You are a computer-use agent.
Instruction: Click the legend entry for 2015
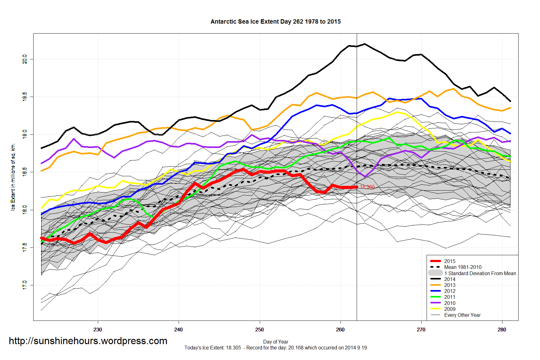click(x=450, y=261)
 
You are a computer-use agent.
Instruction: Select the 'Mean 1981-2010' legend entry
click(x=463, y=267)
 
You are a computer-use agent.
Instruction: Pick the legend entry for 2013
click(x=450, y=285)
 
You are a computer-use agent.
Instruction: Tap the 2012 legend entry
click(x=450, y=291)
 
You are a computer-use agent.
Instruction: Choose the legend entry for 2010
click(x=450, y=303)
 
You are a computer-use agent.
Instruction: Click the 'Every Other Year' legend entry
click(x=462, y=315)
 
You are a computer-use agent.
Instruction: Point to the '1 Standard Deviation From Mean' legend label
click(x=480, y=273)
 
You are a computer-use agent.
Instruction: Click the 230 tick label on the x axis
click(x=98, y=330)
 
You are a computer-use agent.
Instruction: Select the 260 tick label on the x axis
click(x=340, y=330)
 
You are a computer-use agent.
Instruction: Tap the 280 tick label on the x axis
click(x=502, y=330)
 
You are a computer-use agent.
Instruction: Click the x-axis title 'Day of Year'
click(x=276, y=342)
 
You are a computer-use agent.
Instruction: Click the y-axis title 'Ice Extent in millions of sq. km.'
click(x=13, y=177)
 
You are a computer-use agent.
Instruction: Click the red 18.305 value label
click(x=367, y=187)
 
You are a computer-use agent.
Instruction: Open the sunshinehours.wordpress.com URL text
click(x=88, y=341)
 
